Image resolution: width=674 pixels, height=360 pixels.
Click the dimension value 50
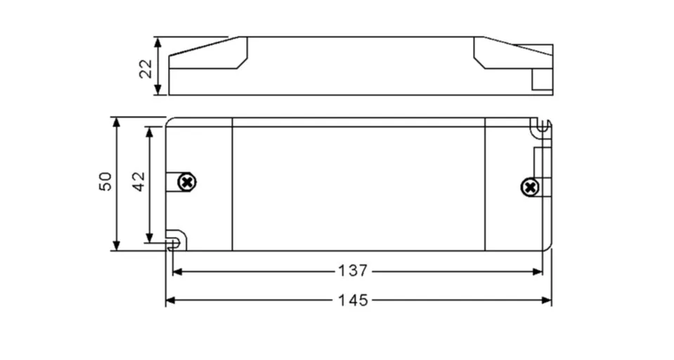(x=105, y=181)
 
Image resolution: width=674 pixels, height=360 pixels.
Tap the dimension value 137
(x=352, y=271)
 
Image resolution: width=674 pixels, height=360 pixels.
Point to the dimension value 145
(x=352, y=300)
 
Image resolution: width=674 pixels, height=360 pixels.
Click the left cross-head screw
(x=187, y=182)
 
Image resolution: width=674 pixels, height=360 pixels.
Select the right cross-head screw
(x=529, y=187)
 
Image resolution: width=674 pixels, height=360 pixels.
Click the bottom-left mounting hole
(x=174, y=243)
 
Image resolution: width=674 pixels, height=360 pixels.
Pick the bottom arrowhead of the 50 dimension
(x=117, y=245)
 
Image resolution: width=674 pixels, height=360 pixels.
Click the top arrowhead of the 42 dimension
(x=149, y=131)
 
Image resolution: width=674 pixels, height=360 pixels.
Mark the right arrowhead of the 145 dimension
(x=547, y=300)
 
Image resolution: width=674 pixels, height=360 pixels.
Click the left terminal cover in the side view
(x=209, y=55)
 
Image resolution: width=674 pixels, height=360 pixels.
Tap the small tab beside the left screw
(x=171, y=182)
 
